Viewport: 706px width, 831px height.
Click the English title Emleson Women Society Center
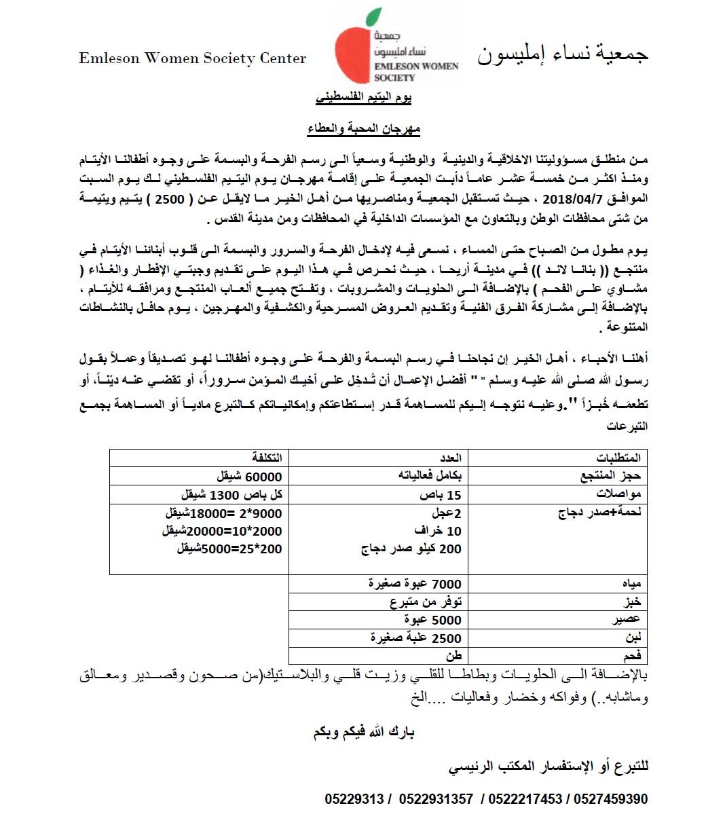[x=192, y=58]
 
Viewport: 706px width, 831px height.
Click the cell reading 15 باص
[x=445, y=494]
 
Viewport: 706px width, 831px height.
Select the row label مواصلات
[x=616, y=494]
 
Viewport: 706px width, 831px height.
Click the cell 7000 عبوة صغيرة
[x=415, y=584]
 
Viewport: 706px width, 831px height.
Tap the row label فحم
[x=631, y=655]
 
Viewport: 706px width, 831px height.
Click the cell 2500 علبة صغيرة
[x=416, y=638]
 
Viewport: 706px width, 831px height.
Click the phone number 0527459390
[x=611, y=799]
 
